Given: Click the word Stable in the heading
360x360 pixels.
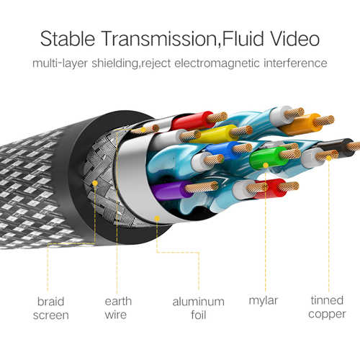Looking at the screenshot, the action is (68, 38).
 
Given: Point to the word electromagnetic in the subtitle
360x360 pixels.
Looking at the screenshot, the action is (217, 63).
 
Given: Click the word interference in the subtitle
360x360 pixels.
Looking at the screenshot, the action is (295, 63).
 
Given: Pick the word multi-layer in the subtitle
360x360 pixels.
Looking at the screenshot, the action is (60, 63).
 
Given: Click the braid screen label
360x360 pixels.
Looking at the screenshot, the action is (51, 308).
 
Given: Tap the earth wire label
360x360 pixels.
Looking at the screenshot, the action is (118, 308).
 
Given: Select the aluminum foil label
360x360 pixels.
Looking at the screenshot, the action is (199, 308).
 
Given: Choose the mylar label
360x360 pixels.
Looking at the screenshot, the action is (264, 301).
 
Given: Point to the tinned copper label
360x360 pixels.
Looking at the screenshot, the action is (327, 307).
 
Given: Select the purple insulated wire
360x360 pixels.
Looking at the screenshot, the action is (171, 191).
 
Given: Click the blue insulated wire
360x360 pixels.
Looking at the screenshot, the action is (222, 149).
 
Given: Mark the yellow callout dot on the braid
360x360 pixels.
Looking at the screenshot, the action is (95, 184).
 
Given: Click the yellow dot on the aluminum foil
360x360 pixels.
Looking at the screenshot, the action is (157, 218).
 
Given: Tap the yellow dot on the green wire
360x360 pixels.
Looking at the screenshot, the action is (266, 165).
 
